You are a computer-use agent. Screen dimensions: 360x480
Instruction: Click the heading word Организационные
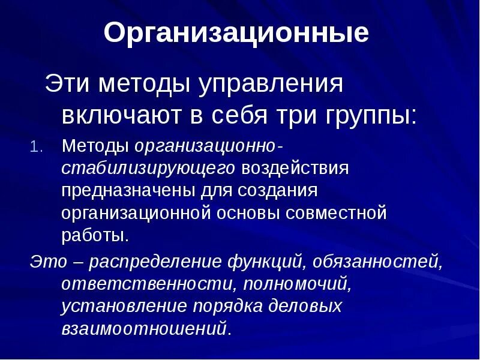[x=236, y=34]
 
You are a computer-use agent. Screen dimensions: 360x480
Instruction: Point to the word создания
[x=282, y=190]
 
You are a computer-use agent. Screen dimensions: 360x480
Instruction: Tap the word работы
[x=94, y=234]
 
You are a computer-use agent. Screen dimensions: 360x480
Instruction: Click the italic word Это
[x=46, y=262]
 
